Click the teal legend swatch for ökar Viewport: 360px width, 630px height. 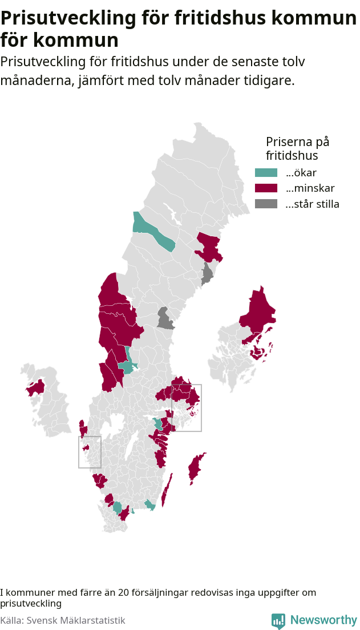(x=265, y=173)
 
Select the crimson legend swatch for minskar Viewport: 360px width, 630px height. (x=265, y=188)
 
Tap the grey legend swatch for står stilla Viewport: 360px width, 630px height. (x=265, y=204)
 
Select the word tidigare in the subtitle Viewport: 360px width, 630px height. (x=270, y=80)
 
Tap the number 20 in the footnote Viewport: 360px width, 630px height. (x=124, y=593)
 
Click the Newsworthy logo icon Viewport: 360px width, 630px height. (x=278, y=620)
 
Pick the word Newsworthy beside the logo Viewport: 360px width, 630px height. (x=323, y=620)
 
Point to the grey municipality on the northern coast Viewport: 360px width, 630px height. (x=207, y=274)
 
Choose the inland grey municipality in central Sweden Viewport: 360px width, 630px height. (x=165, y=319)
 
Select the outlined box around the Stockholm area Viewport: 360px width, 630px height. (x=187, y=407)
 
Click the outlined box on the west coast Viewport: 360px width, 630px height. (x=90, y=452)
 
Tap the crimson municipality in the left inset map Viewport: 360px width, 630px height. (x=36, y=388)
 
